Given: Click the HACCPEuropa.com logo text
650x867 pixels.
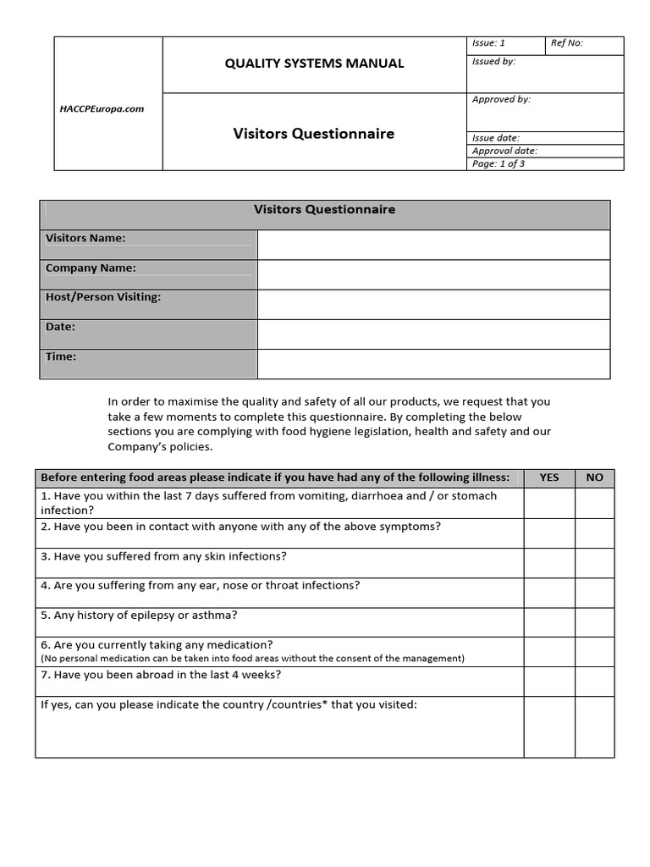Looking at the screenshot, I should (102, 109).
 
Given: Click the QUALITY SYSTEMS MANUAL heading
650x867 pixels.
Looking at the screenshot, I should (314, 64).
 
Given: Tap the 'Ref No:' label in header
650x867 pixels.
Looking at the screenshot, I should (567, 43).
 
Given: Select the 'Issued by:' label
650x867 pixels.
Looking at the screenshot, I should (493, 62).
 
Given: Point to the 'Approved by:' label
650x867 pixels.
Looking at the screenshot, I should (501, 100).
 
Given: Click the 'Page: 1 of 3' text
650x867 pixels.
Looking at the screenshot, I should (499, 164).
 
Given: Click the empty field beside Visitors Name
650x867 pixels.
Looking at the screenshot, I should (433, 245).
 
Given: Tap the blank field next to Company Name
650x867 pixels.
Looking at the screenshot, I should (433, 274).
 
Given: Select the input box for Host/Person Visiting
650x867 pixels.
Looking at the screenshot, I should (433, 304).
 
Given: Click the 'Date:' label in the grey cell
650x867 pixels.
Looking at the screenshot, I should (61, 327).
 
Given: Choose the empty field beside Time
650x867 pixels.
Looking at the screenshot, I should (433, 363).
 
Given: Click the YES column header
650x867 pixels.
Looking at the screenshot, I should (549, 478).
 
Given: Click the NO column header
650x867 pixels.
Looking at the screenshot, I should (595, 478).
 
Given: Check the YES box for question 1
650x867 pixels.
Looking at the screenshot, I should (549, 503).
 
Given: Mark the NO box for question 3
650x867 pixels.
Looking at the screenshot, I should (595, 562).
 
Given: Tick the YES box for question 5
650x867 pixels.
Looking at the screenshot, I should (549, 621).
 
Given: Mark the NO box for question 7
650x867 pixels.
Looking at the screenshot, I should (595, 681).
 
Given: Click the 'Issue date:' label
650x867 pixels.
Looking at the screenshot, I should (496, 138).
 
